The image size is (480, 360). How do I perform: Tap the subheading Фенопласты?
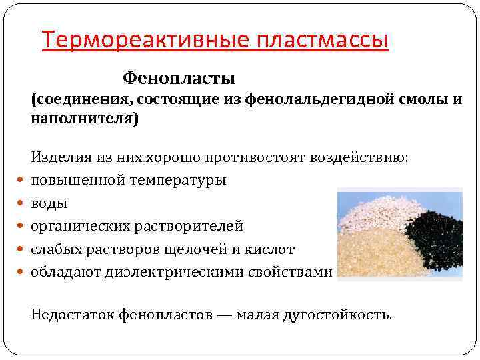pyautogui.click(x=179, y=79)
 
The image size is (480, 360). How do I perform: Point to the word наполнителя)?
pyautogui.click(x=85, y=120)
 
